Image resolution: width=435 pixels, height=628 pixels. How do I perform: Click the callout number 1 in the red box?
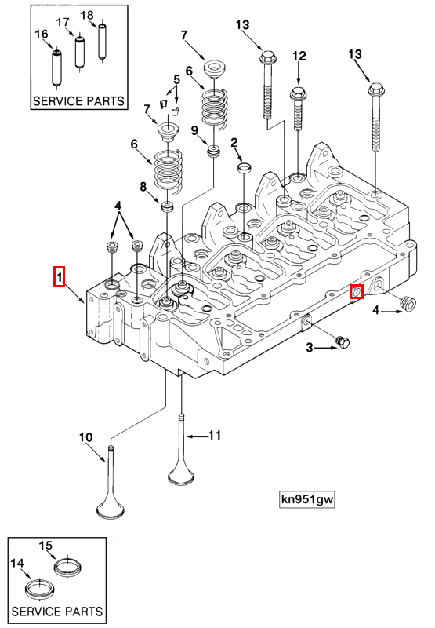[x=59, y=276]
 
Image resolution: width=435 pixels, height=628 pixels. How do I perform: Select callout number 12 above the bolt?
[x=299, y=56]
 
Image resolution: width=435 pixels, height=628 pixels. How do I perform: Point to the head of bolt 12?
[x=299, y=94]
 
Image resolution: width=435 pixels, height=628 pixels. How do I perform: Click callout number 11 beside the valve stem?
[x=214, y=433]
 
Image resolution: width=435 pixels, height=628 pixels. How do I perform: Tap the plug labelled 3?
[x=343, y=341]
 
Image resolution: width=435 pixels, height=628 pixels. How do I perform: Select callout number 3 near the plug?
[x=310, y=347]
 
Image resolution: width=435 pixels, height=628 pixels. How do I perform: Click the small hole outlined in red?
[x=357, y=292]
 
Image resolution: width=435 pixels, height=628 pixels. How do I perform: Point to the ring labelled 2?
[x=244, y=167]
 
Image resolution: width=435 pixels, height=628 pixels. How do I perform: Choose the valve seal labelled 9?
[x=211, y=149]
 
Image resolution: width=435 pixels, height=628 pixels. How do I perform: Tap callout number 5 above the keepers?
[x=176, y=79]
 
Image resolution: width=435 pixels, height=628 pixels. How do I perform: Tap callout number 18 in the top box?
[x=87, y=15]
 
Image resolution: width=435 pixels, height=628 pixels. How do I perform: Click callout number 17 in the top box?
[x=63, y=23]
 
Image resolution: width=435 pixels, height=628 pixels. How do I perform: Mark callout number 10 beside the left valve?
[x=85, y=436]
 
